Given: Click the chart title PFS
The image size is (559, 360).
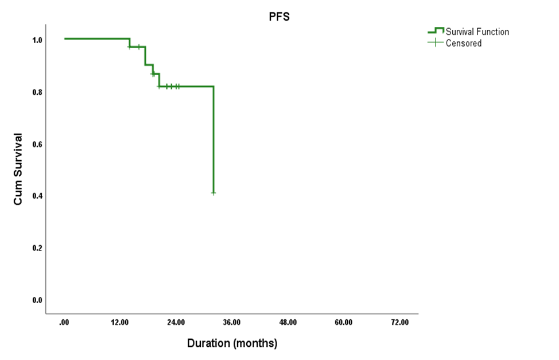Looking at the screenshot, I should tap(279, 17).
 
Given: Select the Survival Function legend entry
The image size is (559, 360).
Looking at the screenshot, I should tap(477, 32).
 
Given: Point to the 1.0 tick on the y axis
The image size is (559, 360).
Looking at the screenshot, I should tap(37, 40).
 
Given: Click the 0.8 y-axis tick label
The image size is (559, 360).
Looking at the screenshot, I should tap(37, 92).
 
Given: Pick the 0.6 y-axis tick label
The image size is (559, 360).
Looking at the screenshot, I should tap(37, 144).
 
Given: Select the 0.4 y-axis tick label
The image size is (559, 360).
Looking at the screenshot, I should tap(37, 196).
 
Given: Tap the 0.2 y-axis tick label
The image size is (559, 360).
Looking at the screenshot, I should tap(37, 248).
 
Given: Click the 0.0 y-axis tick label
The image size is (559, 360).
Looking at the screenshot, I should tap(37, 300).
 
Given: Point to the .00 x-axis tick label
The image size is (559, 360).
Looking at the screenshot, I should tap(64, 323).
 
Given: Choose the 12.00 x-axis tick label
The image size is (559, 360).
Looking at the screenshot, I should tap(120, 323).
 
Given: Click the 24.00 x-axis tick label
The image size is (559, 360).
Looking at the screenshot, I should tap(176, 323).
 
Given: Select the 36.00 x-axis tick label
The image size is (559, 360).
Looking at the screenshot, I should tap(232, 323).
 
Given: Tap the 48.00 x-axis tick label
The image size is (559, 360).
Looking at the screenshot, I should tap(288, 323).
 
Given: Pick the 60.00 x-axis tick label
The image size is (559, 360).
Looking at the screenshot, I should tap(343, 323).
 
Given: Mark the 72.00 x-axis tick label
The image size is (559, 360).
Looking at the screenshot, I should tap(399, 323).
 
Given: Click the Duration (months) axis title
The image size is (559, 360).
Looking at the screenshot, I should tap(232, 343).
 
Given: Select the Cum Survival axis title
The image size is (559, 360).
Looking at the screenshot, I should tap(18, 169).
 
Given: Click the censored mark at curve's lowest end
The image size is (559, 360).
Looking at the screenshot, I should tap(213, 193).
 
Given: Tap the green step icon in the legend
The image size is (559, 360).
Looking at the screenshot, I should tap(436, 31).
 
